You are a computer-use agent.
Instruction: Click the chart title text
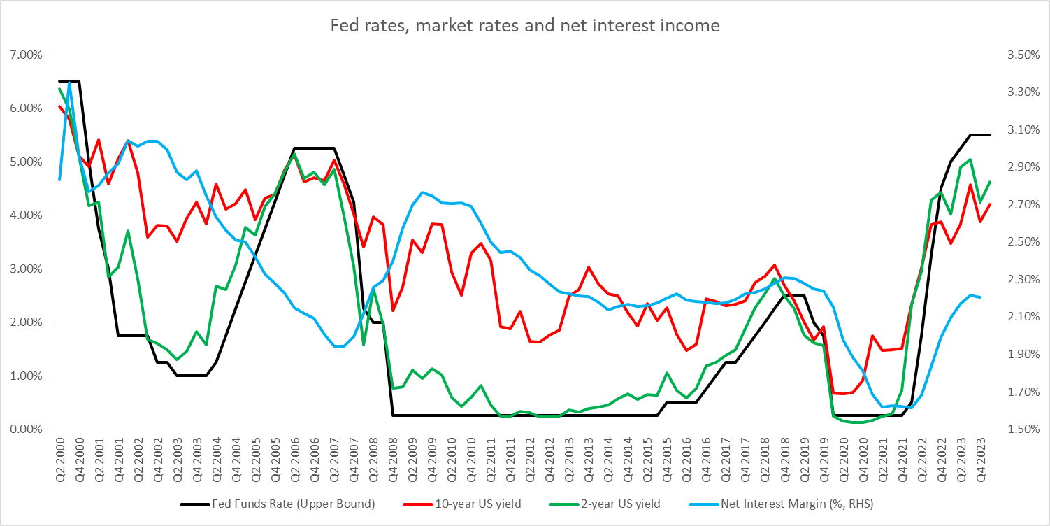524,26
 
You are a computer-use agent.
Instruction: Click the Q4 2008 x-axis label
394,455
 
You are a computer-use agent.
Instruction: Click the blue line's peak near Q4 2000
69,82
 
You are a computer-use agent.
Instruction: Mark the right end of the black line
990,135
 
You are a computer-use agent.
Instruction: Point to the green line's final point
990,182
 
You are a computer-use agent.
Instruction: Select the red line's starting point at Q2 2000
59,106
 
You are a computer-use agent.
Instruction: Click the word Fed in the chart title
343,26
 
